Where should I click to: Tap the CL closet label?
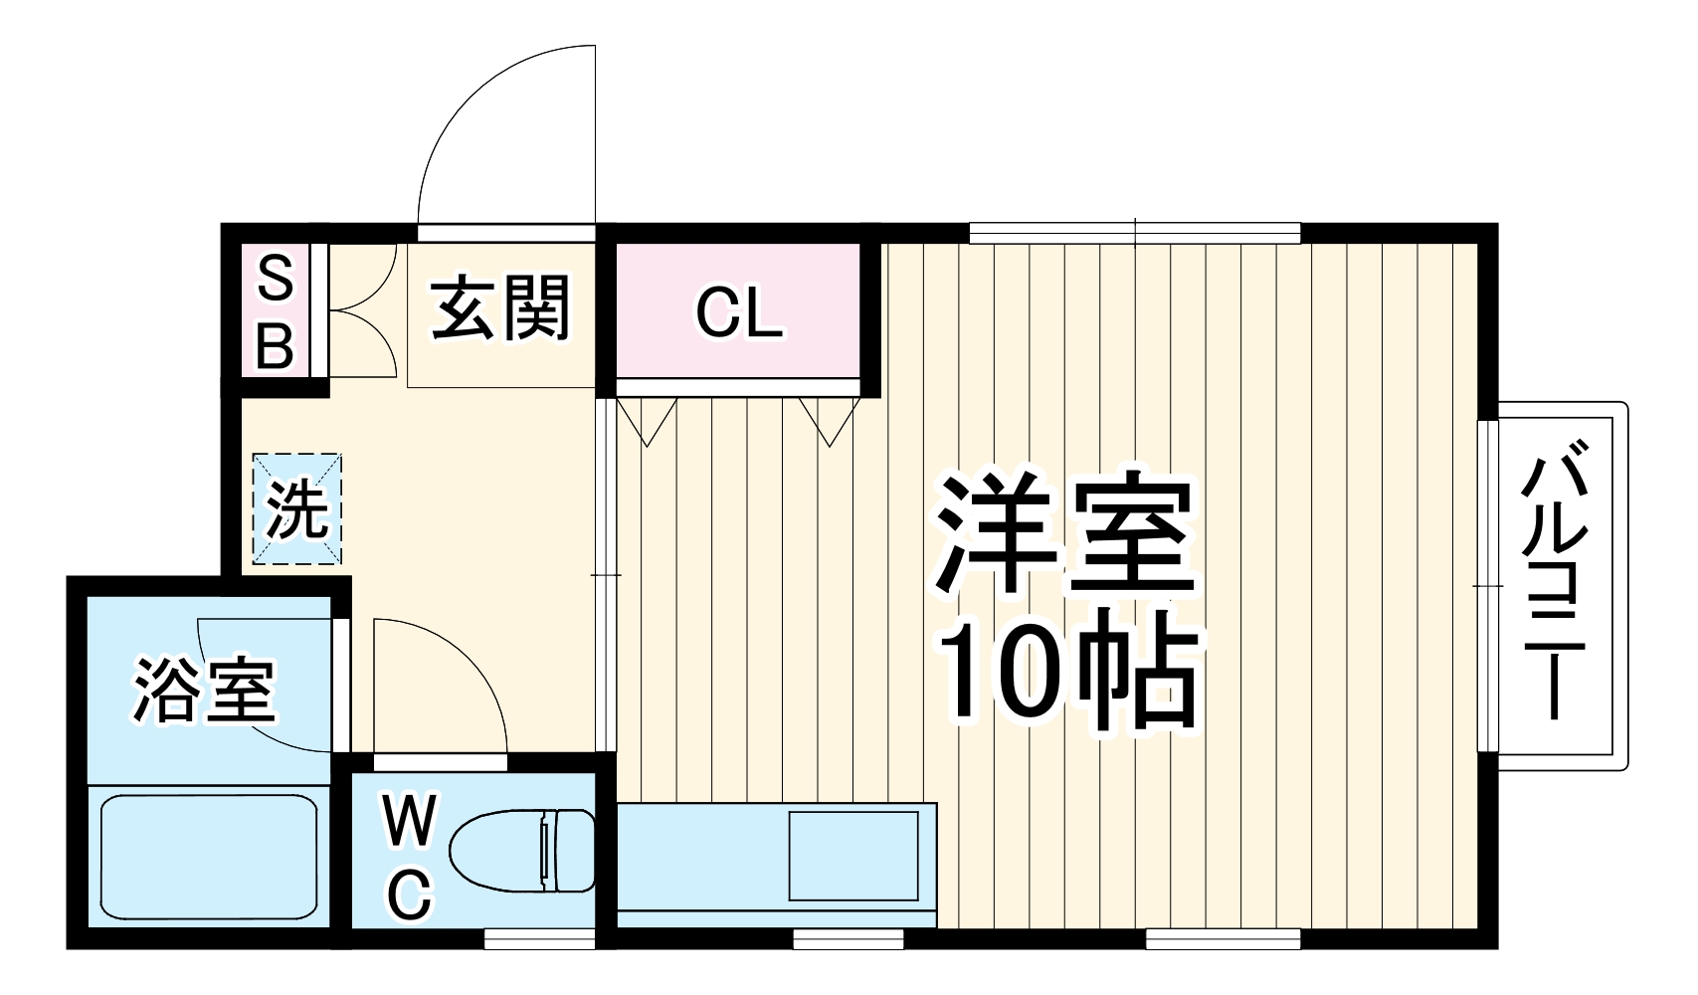pyautogui.click(x=738, y=312)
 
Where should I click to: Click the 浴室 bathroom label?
pyautogui.click(x=204, y=689)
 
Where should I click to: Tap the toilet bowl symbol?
pyautogui.click(x=521, y=851)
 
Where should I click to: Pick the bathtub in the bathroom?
pyautogui.click(x=208, y=857)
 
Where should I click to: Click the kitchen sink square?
pyautogui.click(x=852, y=855)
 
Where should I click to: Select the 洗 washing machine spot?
pyautogui.click(x=297, y=510)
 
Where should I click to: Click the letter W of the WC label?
pyautogui.click(x=410, y=822)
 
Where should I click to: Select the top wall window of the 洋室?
pyautogui.click(x=1135, y=233)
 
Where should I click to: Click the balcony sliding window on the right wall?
pyautogui.click(x=1487, y=586)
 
